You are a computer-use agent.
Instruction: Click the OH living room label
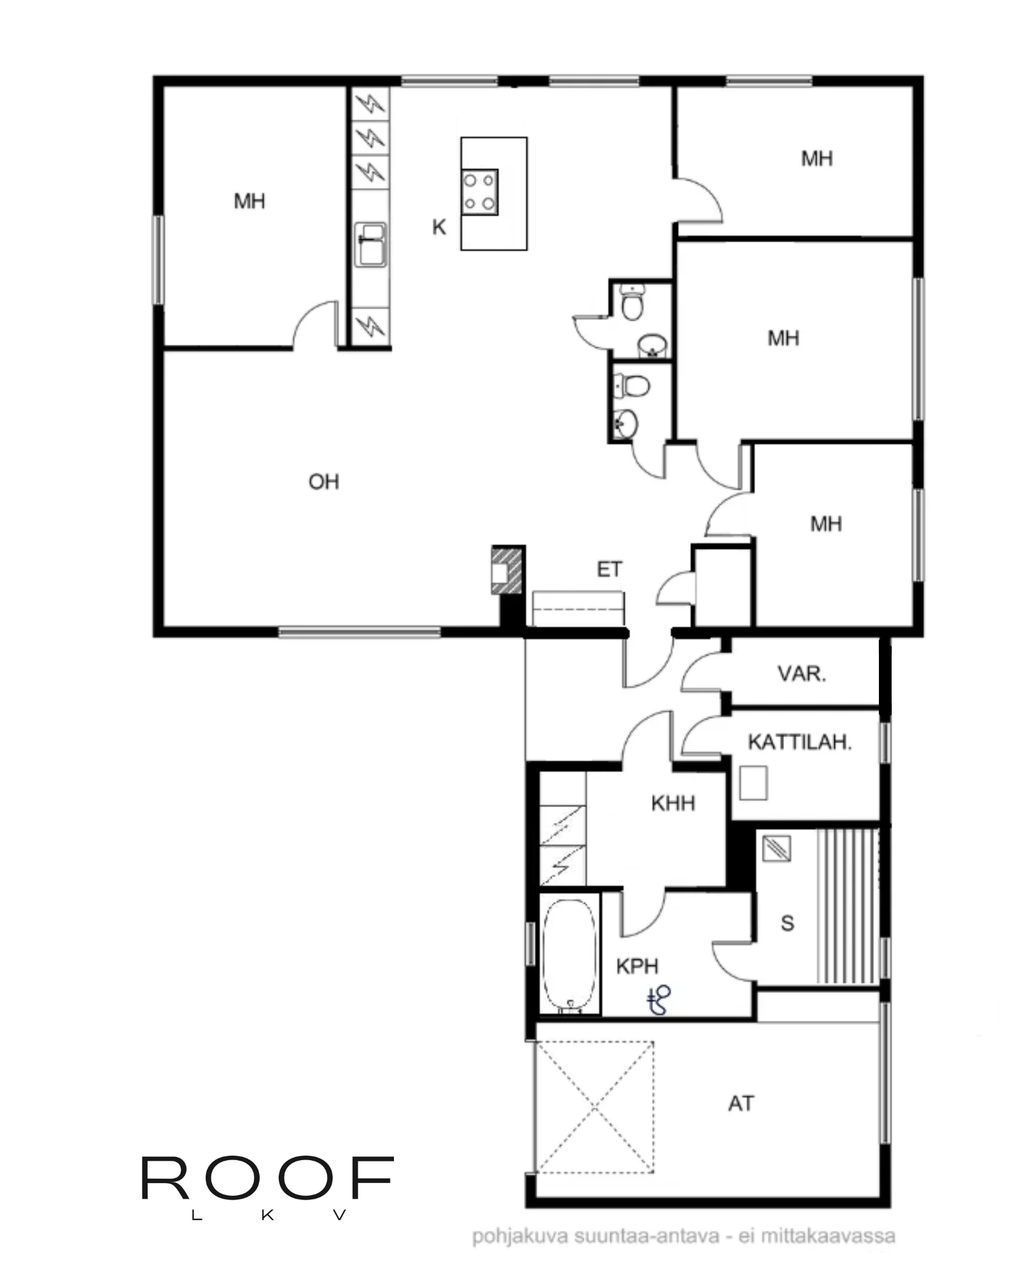[323, 482]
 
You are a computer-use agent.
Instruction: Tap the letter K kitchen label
[438, 227]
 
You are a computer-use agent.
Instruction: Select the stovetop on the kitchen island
[480, 192]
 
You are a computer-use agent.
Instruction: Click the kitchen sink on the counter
[370, 244]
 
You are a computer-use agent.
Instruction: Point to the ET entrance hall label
[609, 569]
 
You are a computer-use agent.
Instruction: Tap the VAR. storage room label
[802, 674]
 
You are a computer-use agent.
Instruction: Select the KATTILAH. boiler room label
[799, 742]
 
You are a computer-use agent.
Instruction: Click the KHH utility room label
[673, 803]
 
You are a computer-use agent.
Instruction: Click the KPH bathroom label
[636, 967]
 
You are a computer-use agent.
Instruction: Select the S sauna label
[787, 923]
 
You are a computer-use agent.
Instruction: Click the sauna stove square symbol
[776, 848]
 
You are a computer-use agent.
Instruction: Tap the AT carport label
[741, 1104]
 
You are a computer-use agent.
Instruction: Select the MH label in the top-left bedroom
[249, 202]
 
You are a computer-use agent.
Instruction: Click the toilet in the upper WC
[632, 302]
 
